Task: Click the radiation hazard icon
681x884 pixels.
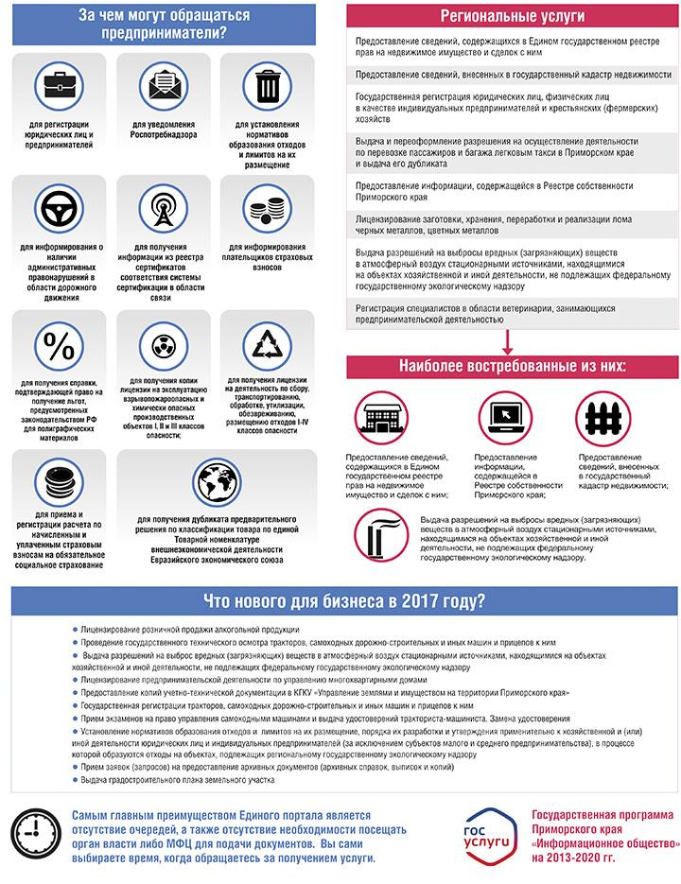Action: (x=161, y=342)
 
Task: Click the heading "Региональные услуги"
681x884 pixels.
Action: (x=512, y=18)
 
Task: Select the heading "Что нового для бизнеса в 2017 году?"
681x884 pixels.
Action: (x=344, y=601)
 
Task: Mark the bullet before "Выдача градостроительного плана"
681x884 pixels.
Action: (x=75, y=780)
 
